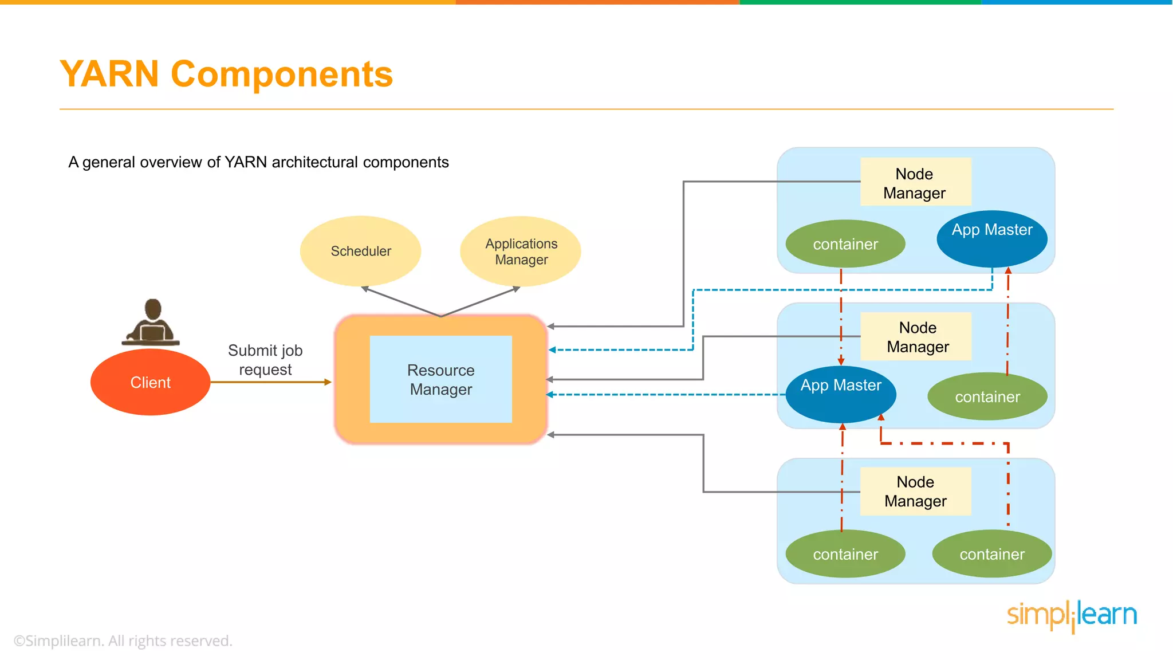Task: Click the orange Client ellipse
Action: (150, 382)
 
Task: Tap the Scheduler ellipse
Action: (361, 251)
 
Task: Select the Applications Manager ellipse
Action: (521, 252)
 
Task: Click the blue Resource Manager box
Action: (440, 379)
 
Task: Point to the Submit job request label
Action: (265, 360)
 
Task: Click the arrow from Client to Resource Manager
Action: (269, 382)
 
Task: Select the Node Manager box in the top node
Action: (915, 182)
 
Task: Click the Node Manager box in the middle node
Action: (917, 337)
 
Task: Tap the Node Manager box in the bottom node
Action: (915, 492)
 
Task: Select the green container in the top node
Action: (845, 244)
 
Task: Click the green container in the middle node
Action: (987, 396)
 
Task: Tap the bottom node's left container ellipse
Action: (845, 554)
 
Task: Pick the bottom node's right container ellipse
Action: (991, 554)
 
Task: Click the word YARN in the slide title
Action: (109, 74)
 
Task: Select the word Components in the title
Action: (282, 74)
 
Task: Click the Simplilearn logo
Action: (1072, 615)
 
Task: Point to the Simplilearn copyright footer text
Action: (123, 641)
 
